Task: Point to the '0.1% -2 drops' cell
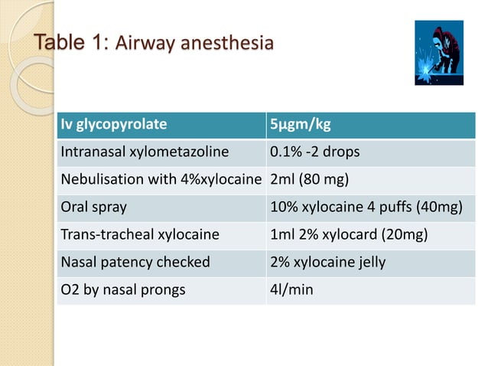tap(314, 152)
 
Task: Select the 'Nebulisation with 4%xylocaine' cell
tap(161, 180)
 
